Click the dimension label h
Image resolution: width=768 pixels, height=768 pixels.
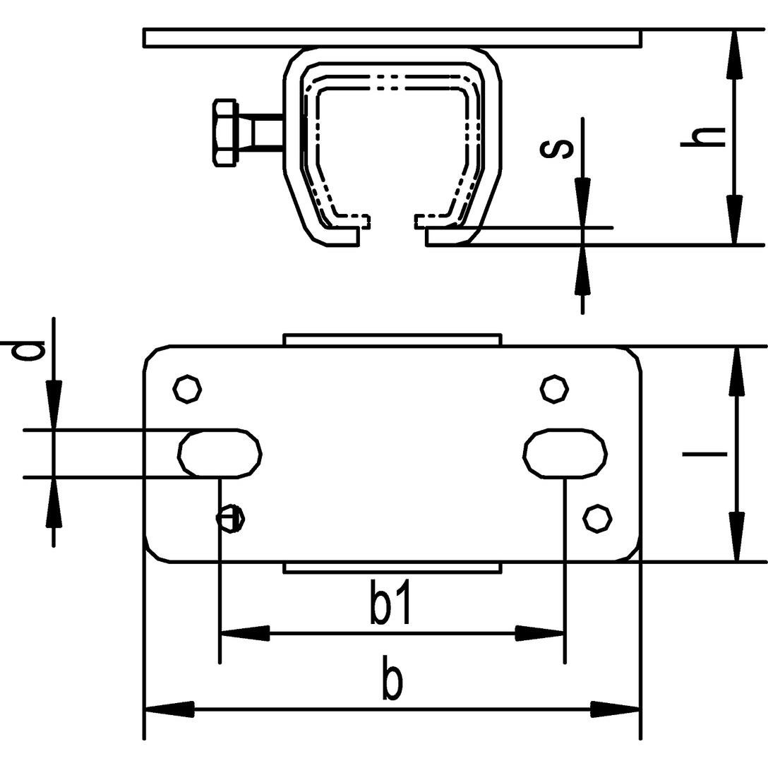point(703,137)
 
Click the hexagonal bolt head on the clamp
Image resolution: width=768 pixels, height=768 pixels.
point(225,133)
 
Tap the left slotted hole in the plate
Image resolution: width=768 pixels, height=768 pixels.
point(220,453)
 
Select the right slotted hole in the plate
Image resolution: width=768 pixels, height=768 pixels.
point(565,453)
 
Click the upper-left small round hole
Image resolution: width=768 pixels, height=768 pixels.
point(188,390)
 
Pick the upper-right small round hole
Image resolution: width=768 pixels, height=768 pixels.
point(554,390)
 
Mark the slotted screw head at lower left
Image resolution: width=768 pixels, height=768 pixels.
point(231,517)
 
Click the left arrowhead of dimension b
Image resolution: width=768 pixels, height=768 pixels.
point(169,708)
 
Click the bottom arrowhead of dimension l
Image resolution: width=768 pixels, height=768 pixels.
point(737,536)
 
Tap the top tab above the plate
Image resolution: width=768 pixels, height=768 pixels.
point(392,340)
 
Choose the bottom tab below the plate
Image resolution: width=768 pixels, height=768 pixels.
point(392,568)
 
